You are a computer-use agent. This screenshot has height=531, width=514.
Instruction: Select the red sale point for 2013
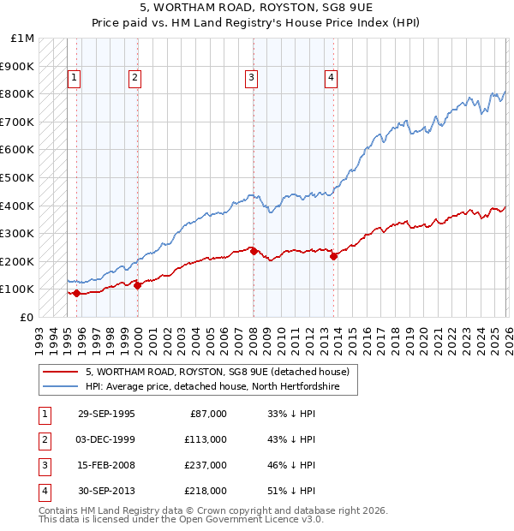click(x=334, y=256)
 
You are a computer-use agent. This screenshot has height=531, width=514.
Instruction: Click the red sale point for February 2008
click(x=254, y=251)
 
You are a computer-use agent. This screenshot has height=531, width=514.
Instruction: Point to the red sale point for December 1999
click(x=138, y=285)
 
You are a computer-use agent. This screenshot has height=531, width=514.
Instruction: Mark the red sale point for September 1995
click(x=77, y=293)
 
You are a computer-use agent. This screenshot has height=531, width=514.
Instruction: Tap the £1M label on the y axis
click(x=21, y=39)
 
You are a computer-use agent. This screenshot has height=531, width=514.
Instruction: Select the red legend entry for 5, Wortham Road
click(x=218, y=373)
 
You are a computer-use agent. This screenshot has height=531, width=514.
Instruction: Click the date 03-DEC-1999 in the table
click(x=106, y=439)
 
